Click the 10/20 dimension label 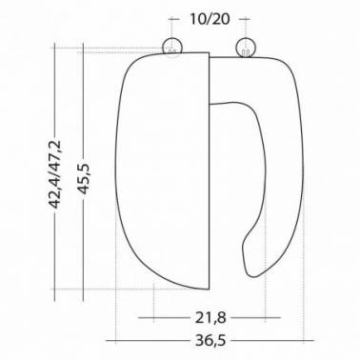coord(210,19)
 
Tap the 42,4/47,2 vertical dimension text coord(54,174)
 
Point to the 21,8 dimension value coord(210,317)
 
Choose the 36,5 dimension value coord(210,341)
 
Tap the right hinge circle coord(246,48)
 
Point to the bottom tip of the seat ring coord(254,276)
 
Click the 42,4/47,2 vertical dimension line coord(54,172)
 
